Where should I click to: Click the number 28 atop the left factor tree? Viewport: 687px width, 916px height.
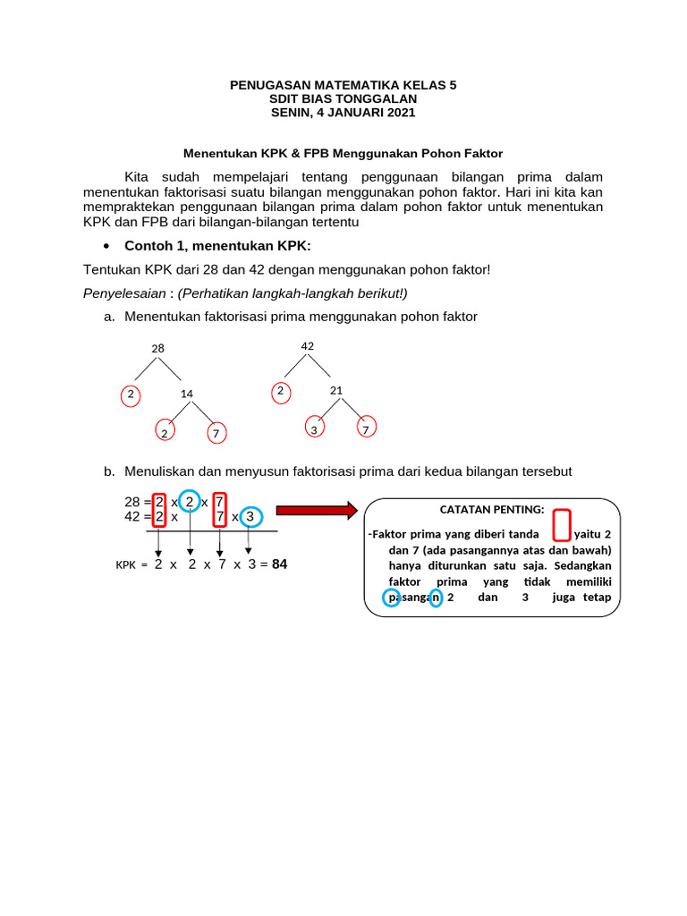(157, 348)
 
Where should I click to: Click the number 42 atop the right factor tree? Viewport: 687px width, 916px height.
(308, 345)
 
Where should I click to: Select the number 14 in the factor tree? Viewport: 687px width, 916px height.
(187, 394)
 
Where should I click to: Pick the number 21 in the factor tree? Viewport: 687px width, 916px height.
(336, 390)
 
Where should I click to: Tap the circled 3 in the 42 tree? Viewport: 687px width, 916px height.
(314, 429)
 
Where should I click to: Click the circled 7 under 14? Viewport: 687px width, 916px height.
(216, 434)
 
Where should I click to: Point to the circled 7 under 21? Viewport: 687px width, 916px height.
(366, 429)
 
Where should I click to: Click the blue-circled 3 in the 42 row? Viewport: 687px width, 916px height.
(250, 517)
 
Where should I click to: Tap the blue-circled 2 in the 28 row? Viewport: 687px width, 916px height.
(190, 502)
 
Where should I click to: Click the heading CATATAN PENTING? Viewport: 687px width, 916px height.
(491, 510)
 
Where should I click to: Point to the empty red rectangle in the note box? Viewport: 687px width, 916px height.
(562, 525)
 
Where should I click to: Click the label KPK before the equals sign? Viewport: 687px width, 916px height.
(127, 565)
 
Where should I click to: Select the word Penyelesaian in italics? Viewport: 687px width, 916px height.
(124, 293)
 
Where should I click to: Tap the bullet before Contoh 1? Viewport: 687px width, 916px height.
(107, 246)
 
